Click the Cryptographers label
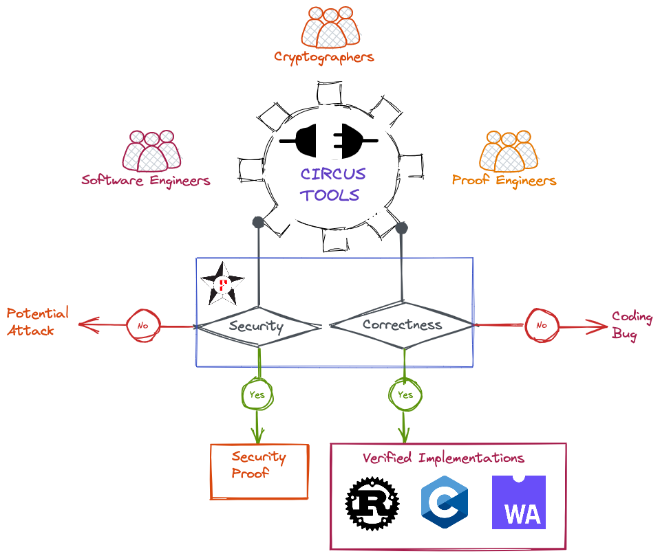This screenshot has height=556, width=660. pos(323,57)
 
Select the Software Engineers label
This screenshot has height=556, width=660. pos(145,181)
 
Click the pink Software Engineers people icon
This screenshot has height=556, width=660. pos(152,151)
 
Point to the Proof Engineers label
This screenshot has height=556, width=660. pos(504,181)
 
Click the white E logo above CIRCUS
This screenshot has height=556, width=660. pos(329,141)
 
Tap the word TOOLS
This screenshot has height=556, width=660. pos(330,195)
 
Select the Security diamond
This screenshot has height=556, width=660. pos(256,326)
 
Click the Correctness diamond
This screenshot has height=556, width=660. pos(402,324)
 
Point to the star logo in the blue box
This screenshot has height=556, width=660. pos(222,284)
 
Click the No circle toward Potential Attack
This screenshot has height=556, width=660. pos(143,325)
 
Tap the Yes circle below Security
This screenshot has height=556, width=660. pos(257,394)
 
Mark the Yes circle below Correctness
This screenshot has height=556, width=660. pos(405,394)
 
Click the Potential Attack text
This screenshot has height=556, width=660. pos(38,322)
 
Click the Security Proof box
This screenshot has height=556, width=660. pos(259,471)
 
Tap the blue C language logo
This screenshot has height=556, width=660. pos(445,502)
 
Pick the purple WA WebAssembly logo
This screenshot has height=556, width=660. pos(519,502)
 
